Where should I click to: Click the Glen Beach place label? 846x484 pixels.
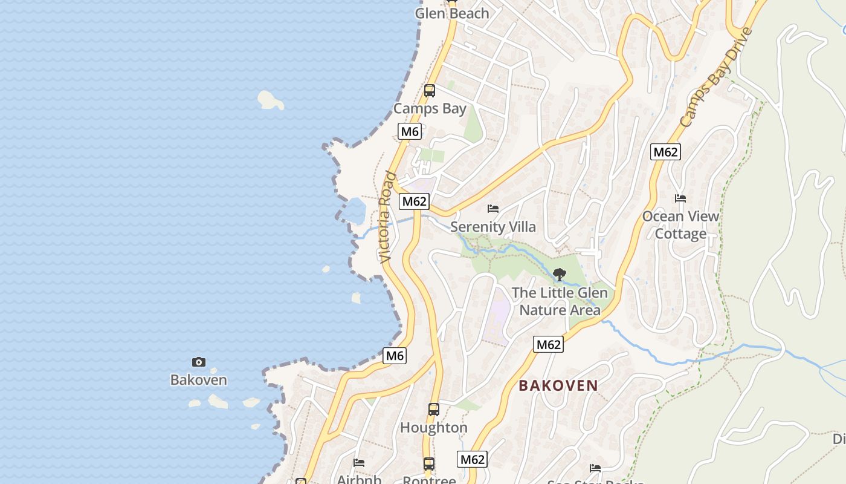pos(452,13)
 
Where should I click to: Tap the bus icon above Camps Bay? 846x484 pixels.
pos(430,91)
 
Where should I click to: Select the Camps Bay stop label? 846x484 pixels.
pos(430,109)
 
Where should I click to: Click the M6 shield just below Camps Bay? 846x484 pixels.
pos(409,131)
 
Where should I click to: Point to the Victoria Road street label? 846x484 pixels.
pos(387,218)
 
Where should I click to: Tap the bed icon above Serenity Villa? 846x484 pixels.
pos(493,209)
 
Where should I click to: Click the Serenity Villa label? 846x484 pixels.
pos(493,227)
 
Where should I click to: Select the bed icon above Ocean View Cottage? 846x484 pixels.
pos(680,198)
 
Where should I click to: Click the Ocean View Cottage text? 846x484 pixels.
pos(680,225)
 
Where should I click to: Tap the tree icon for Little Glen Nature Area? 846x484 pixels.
pos(560,275)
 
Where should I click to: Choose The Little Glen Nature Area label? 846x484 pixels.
pos(560,301)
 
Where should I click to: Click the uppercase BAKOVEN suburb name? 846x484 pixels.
pos(558,385)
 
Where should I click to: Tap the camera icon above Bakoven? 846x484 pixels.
pos(198,362)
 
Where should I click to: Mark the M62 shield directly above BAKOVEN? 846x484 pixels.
pos(549,345)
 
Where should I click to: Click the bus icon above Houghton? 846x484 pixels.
pos(434,410)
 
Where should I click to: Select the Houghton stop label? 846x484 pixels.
pos(434,428)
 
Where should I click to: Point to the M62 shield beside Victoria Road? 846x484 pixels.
pos(414,201)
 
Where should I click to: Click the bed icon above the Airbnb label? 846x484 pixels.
pos(359,463)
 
